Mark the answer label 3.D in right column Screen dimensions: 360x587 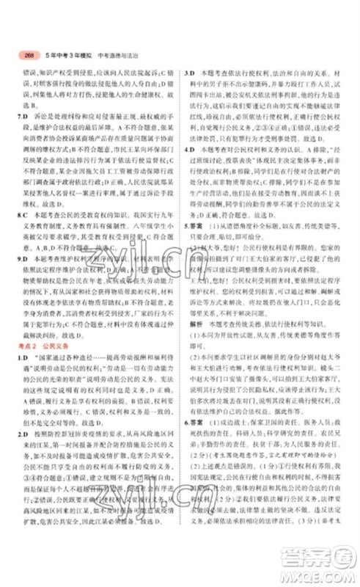click(x=188, y=73)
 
